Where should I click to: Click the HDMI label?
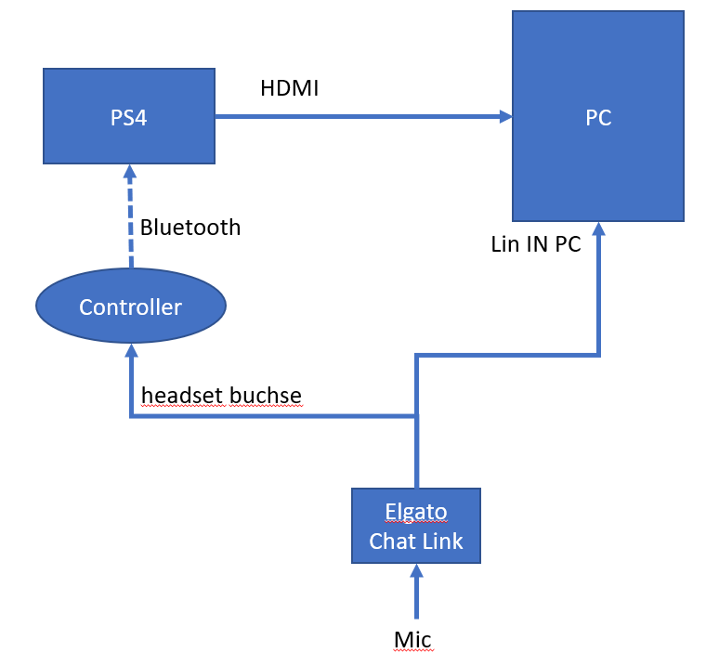click(290, 88)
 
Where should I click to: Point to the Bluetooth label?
click(190, 228)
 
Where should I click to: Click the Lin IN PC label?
click(536, 245)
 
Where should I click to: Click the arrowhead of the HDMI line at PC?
click(506, 116)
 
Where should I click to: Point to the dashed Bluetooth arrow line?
click(131, 223)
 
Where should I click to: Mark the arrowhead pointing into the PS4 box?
click(131, 171)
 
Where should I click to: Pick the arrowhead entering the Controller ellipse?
click(131, 351)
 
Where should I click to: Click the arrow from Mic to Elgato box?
click(416, 594)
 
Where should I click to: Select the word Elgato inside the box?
click(416, 512)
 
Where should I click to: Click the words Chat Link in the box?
click(416, 541)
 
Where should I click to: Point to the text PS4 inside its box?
click(129, 119)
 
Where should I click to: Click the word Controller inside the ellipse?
click(131, 307)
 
